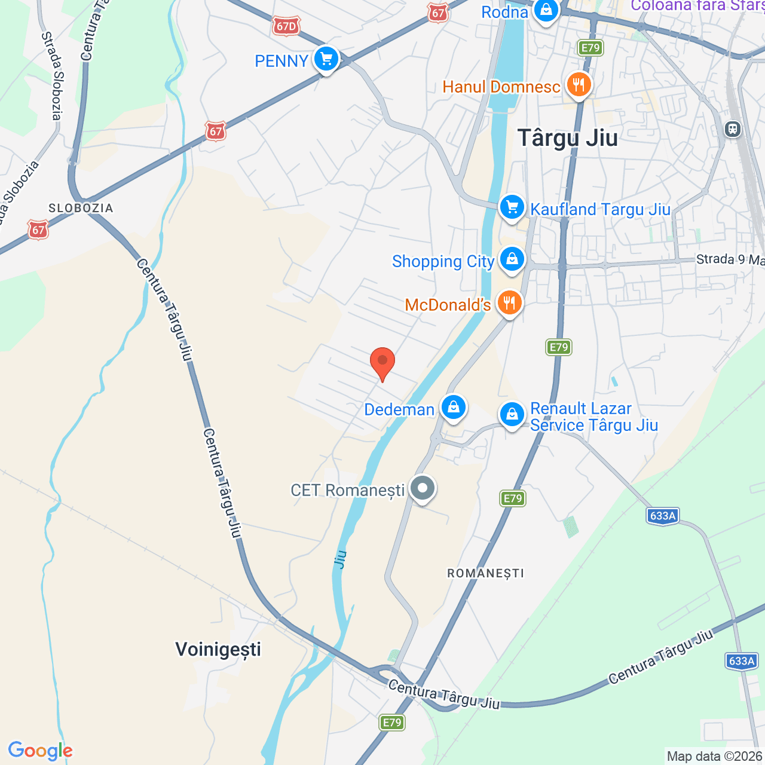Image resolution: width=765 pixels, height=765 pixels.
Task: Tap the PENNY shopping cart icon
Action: pos(326,59)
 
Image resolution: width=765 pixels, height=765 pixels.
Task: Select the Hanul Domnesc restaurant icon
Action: pos(578,85)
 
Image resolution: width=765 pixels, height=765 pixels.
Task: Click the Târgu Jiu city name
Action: pos(567,138)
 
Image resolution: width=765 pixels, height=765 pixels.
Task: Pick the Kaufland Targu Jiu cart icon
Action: pos(512,207)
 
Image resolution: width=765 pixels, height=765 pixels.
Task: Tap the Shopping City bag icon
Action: pos(512,259)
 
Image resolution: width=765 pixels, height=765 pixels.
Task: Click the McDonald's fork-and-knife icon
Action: pos(509,303)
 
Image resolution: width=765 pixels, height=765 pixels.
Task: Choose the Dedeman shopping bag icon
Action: pos(454,408)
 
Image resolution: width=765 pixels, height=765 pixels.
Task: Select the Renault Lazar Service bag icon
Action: pos(512,414)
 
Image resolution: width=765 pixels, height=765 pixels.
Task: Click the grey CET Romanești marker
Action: pos(423,488)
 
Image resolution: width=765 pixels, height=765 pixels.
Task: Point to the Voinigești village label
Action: pos(218,649)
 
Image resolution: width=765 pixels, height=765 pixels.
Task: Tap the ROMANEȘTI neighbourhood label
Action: pos(486,573)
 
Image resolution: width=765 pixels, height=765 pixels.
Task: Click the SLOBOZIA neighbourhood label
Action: pos(81,208)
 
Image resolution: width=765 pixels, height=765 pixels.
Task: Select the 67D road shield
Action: pos(286,26)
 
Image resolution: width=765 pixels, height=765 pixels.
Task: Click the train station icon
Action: pos(732,128)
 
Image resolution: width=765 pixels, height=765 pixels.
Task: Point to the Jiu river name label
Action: pos(340,559)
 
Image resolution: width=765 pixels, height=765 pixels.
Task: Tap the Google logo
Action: pos(41,751)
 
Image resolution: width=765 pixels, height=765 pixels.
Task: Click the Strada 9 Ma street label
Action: pos(730,259)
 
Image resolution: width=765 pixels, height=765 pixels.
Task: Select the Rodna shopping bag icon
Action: pos(545,10)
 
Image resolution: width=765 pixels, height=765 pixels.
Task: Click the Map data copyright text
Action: pos(714,756)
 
